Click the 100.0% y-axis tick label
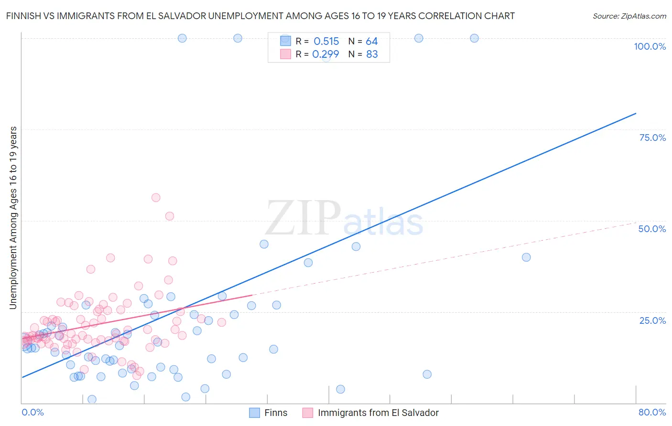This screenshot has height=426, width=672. coord(650,46)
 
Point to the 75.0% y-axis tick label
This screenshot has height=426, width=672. coord(652,138)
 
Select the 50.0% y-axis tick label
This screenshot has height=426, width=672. coord(652,229)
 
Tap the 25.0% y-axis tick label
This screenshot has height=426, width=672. coord(652,320)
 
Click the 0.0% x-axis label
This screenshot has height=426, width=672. coord(33,412)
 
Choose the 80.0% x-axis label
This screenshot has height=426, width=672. coord(652,412)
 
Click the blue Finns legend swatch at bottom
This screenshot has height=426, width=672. coord(255,413)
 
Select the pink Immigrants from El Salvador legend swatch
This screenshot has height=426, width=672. coord(308,413)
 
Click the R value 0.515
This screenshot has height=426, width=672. coord(326,42)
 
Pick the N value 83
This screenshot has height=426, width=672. coord(372,54)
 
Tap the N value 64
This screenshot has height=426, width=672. coord(371,42)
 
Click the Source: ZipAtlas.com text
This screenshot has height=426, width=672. coord(629,16)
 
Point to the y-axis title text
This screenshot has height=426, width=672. coord(13,218)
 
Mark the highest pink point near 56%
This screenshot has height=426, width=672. coord(155,197)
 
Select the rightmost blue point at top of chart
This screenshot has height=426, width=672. coord(474,38)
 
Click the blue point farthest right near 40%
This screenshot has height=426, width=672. coord(526,257)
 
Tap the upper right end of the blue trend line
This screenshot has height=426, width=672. coord(636,113)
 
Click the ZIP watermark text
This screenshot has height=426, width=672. coord(303,218)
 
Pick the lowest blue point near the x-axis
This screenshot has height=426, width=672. coord(92,399)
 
